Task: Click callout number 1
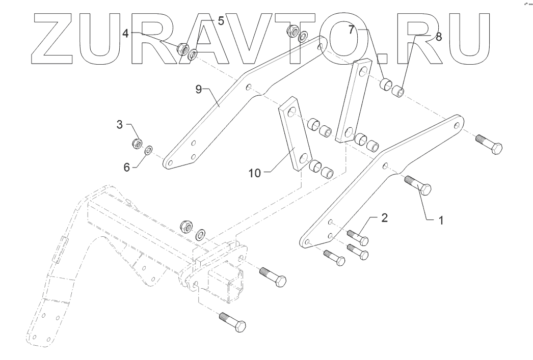click(x=442, y=220)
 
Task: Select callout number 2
click(x=385, y=218)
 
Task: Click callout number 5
click(x=221, y=21)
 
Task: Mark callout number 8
click(x=439, y=37)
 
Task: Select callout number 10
click(x=255, y=173)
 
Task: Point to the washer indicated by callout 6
click(x=149, y=150)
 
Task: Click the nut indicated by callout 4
click(x=182, y=49)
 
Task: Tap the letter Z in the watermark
click(x=58, y=38)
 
